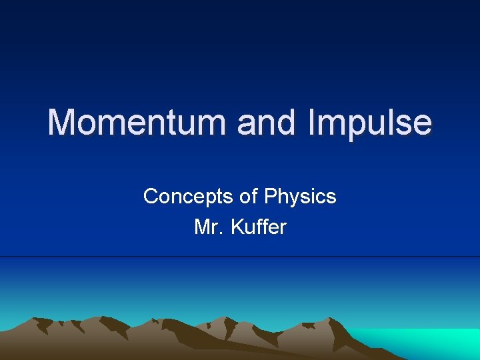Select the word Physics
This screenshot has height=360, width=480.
pyautogui.click(x=300, y=197)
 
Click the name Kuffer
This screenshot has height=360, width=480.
pyautogui.click(x=259, y=227)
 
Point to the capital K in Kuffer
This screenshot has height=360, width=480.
pyautogui.click(x=237, y=227)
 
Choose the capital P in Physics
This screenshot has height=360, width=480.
pyautogui.click(x=269, y=197)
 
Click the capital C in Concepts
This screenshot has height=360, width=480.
pyautogui.click(x=151, y=197)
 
